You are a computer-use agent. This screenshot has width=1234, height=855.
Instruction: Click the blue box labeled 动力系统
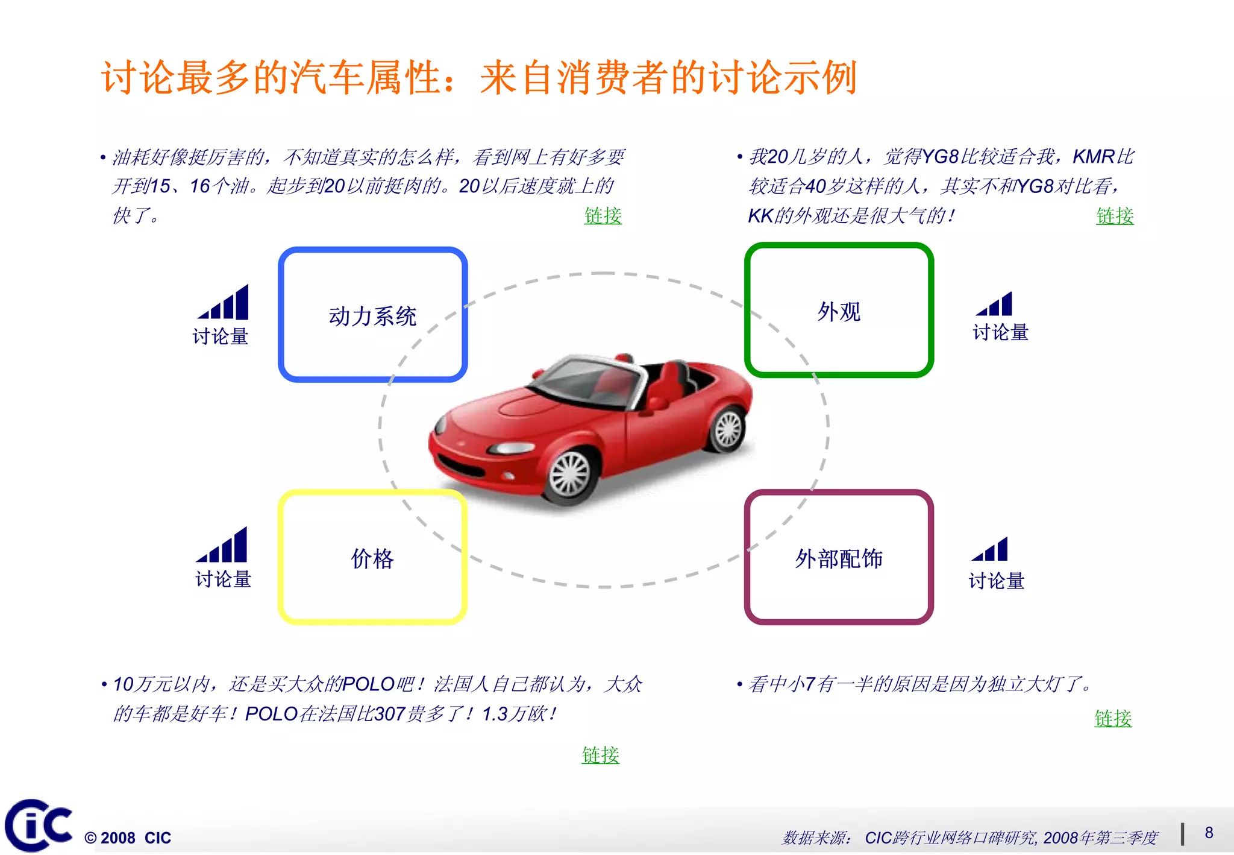[372, 315]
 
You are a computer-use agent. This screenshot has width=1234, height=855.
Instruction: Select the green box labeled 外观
[839, 311]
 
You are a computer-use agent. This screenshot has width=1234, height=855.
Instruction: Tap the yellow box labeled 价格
[372, 558]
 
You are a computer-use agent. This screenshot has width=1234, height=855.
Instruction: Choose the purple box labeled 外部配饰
[839, 558]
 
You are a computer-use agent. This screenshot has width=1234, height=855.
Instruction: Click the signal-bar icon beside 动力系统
[224, 303]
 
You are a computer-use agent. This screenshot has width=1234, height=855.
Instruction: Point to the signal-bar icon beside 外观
[995, 304]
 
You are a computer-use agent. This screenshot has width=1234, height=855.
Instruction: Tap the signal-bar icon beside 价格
[222, 545]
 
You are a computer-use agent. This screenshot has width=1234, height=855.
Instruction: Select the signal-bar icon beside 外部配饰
[991, 550]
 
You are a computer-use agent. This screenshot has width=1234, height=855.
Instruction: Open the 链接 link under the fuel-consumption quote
[603, 215]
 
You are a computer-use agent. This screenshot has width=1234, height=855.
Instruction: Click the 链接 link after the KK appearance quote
[1115, 215]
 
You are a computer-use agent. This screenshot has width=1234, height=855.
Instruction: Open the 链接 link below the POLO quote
[600, 754]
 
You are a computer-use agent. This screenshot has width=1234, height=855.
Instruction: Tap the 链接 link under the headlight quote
[1113, 718]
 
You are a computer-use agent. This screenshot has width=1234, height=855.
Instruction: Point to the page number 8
[1209, 833]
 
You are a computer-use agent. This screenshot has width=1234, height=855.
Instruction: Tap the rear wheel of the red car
[728, 430]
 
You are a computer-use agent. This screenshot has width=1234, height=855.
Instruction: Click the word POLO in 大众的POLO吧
[368, 684]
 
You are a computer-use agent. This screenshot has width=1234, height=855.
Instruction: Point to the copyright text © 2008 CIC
[128, 838]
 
